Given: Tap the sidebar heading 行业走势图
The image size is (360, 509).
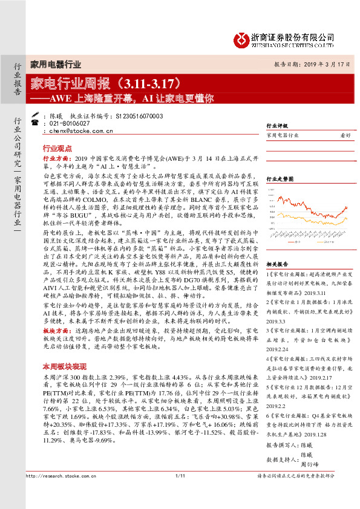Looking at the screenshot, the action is pos(280,179).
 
